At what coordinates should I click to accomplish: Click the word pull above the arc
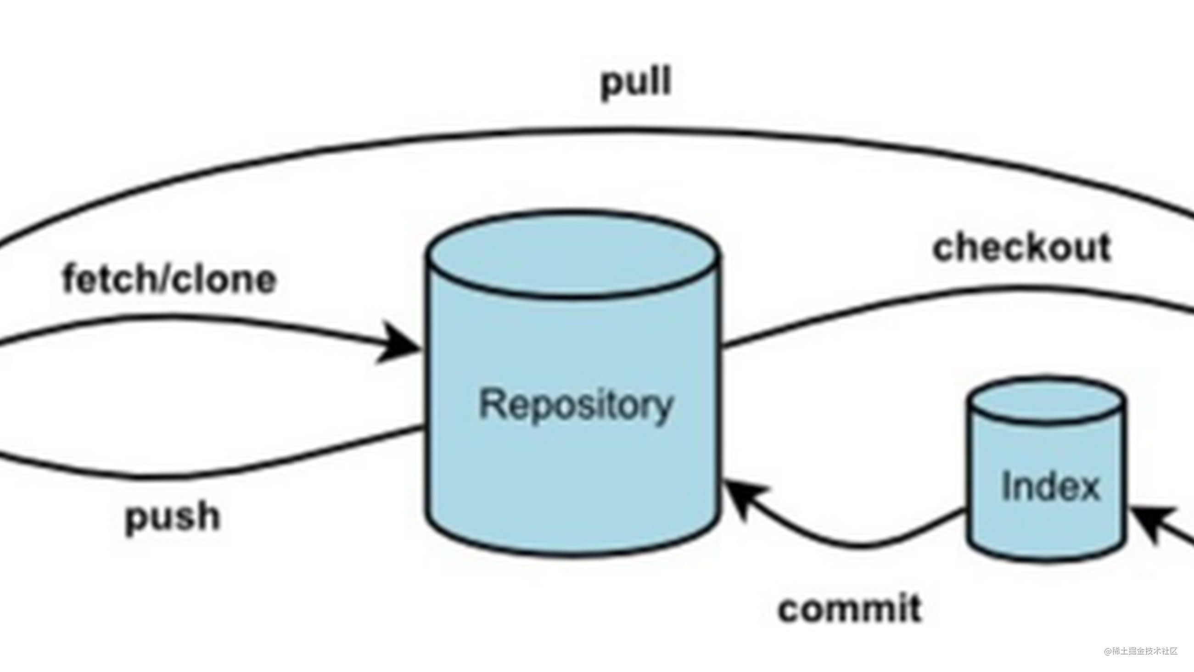(x=636, y=82)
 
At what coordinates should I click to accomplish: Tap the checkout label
(x=1021, y=248)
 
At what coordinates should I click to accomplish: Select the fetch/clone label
(x=169, y=280)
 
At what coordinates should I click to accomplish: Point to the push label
(x=173, y=516)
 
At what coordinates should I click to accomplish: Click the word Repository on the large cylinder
(x=575, y=404)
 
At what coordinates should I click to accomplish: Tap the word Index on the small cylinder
(x=1050, y=486)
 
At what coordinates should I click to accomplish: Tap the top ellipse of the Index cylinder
(x=1047, y=399)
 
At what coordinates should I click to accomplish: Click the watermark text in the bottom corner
(x=1141, y=651)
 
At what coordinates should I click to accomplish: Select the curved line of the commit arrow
(x=858, y=546)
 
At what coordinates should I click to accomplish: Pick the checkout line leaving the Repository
(x=880, y=301)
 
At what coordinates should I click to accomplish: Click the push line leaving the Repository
(x=278, y=459)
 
